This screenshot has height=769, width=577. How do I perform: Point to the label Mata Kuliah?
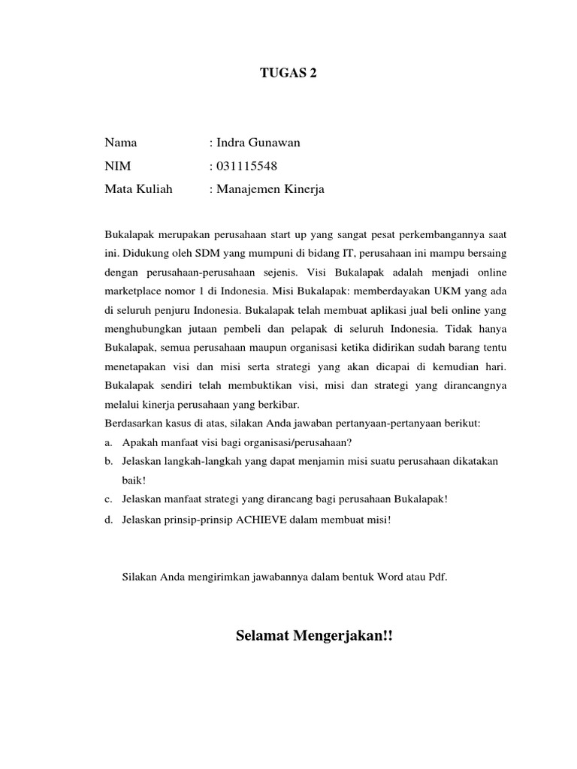click(x=138, y=189)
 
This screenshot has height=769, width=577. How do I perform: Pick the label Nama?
click(x=121, y=143)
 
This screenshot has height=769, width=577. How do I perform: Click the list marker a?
click(x=109, y=442)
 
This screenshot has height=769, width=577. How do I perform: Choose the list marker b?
click(x=109, y=460)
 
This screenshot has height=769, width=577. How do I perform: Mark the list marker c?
click(x=109, y=499)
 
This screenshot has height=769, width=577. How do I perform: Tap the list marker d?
click(x=109, y=520)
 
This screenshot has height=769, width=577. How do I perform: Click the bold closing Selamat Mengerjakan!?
click(x=314, y=637)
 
